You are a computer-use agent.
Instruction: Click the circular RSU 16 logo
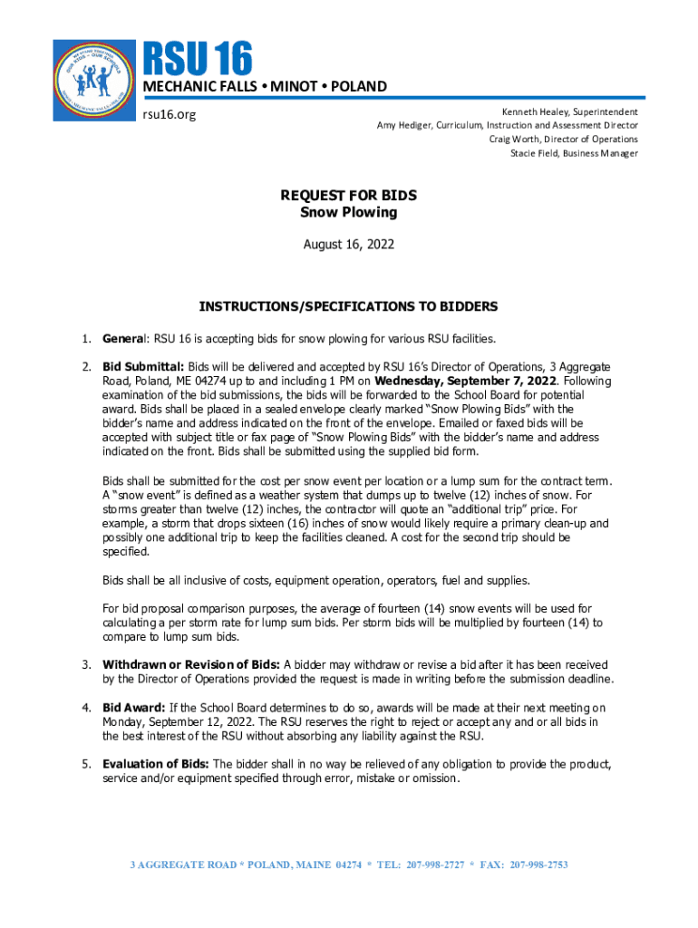click(94, 80)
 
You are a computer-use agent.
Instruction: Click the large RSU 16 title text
click(196, 59)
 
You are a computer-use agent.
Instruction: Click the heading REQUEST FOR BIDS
click(349, 196)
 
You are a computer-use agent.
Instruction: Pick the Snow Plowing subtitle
click(349, 212)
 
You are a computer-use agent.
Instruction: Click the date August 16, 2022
click(349, 245)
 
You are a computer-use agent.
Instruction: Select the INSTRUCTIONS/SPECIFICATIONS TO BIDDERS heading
click(349, 306)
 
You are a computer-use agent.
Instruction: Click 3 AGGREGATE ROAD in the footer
click(175, 865)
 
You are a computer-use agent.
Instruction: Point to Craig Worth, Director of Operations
click(563, 139)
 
